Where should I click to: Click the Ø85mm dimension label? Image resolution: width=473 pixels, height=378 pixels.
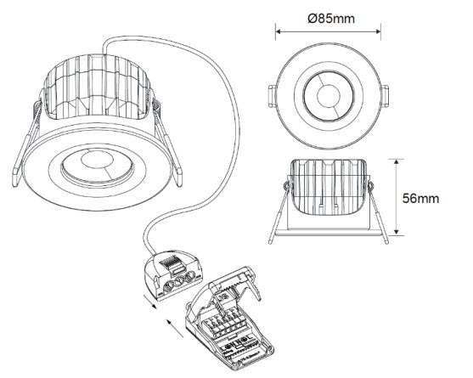[331, 19]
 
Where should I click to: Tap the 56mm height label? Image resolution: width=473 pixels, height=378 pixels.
[420, 199]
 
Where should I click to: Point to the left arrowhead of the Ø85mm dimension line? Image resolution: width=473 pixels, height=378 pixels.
[279, 31]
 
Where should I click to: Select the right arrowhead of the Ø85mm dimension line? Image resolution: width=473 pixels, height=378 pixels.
[377, 31]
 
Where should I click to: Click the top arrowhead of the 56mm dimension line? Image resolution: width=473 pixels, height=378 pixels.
[397, 162]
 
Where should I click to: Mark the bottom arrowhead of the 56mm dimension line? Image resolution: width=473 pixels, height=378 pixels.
[397, 231]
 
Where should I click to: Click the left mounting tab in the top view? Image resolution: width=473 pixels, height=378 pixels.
[272, 96]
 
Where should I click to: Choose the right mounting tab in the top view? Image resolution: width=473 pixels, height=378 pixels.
[385, 96]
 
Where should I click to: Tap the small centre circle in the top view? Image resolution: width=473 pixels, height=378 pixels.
[329, 96]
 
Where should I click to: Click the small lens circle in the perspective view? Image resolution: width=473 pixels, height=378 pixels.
[97, 161]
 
